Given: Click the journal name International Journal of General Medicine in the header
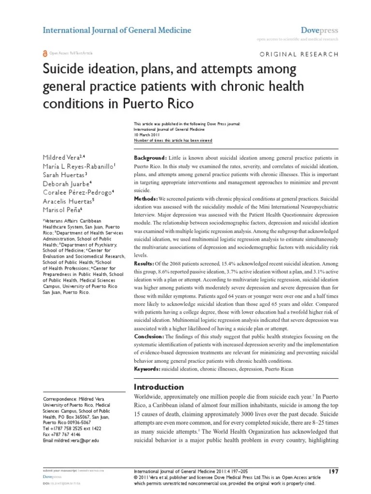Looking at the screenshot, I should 117,30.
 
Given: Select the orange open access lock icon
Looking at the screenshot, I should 45,53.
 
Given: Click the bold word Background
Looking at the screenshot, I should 150,158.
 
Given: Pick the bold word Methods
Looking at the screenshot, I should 145,199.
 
